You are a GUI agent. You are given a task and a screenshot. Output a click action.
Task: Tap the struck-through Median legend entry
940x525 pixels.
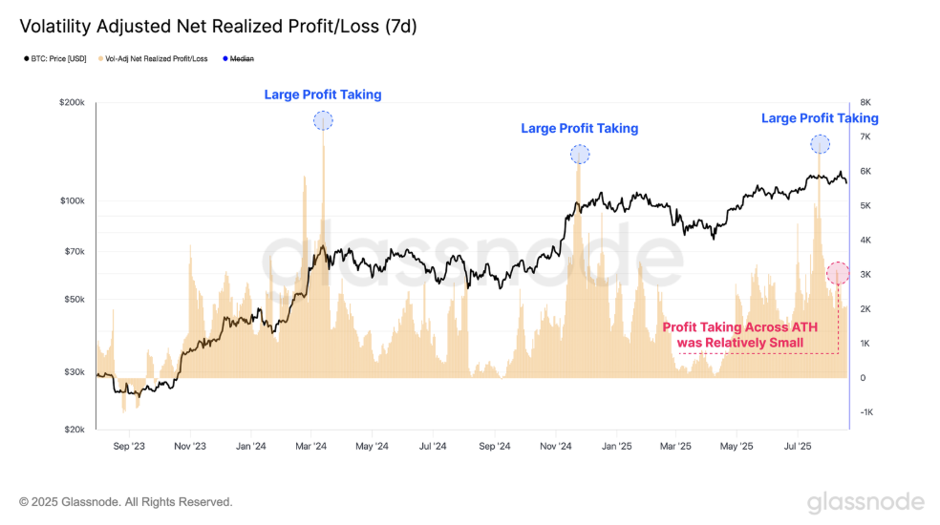click(x=239, y=59)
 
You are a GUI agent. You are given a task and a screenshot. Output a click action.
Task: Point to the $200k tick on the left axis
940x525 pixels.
click(x=74, y=102)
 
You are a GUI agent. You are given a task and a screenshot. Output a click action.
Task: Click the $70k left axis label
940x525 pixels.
click(x=75, y=252)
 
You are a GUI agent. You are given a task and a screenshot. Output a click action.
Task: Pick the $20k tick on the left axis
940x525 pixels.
click(x=75, y=430)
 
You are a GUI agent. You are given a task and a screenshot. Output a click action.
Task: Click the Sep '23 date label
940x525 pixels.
click(x=129, y=446)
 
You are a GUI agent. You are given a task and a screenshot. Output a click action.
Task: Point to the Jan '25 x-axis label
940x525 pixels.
click(x=618, y=446)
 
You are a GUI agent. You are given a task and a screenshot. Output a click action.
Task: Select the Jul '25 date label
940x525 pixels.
click(x=798, y=446)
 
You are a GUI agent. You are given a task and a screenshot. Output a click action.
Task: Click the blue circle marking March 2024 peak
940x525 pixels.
click(x=323, y=120)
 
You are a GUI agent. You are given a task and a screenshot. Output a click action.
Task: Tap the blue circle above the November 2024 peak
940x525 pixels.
click(x=580, y=154)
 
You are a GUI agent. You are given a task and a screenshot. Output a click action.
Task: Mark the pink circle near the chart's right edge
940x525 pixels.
click(x=838, y=273)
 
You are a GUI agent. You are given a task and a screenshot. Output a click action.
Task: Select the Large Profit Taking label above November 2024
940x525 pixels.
click(x=579, y=128)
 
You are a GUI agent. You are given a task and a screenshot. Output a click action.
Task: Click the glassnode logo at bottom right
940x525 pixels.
click(x=865, y=502)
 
